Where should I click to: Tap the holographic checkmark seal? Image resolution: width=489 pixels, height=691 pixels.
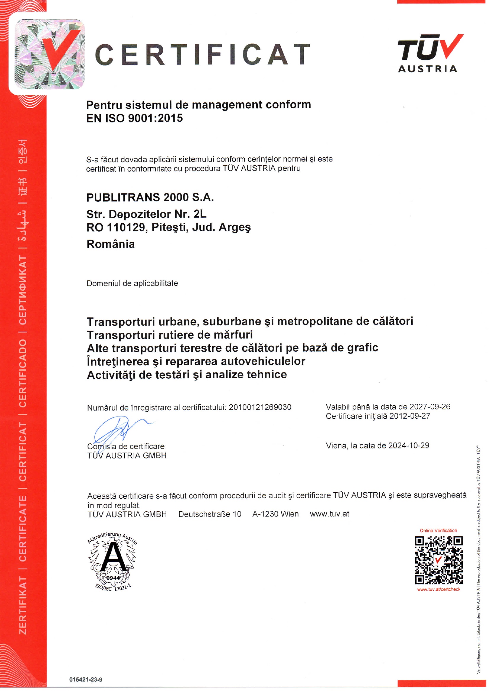pos(50,54)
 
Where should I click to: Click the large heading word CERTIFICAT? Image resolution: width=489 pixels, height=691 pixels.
pos(202,54)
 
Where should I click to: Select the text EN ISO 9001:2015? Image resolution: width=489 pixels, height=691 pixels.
pos(134,118)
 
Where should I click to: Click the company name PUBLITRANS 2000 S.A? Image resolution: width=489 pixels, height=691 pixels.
pos(150,198)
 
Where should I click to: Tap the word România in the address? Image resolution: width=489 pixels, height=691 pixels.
pos(111,244)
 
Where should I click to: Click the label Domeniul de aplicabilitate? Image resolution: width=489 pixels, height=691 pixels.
pos(132,283)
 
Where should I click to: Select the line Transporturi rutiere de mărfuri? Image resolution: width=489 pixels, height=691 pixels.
pos(170,335)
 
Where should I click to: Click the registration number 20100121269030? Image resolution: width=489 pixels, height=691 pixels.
pos(260,407)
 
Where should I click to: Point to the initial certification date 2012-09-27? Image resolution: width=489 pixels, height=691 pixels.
pos(409,416)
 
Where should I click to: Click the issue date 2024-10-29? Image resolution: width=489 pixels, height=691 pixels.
pos(409,445)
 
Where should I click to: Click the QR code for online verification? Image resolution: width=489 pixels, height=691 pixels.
pos(438,560)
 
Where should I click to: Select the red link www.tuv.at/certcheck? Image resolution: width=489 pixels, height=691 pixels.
pos(438,589)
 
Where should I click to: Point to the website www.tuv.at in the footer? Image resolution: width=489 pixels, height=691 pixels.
pos(330,514)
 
